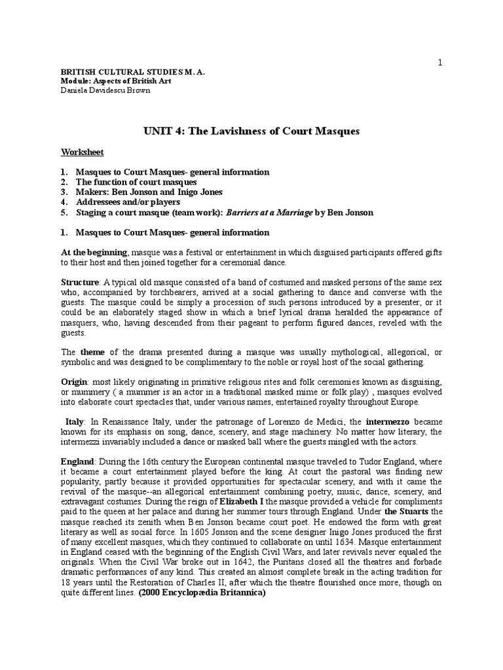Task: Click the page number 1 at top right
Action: (x=440, y=62)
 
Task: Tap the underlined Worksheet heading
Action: (x=83, y=152)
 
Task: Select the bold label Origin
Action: (x=76, y=381)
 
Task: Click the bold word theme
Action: (x=92, y=351)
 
